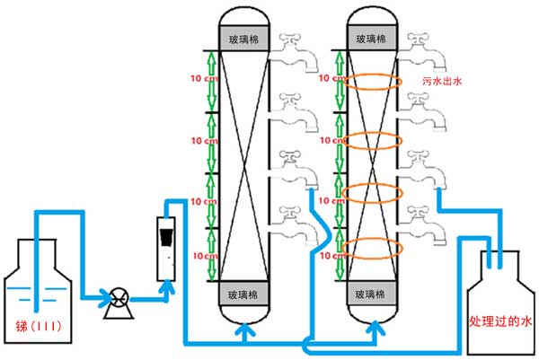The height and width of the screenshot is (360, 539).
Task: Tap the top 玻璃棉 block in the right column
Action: [x=371, y=40]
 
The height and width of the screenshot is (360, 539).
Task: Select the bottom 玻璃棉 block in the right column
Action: [x=371, y=294]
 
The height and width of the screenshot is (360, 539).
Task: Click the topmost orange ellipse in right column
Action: [x=369, y=82]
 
